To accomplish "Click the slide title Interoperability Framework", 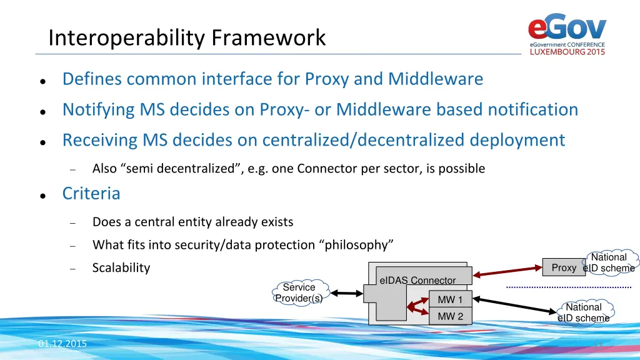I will (x=187, y=38).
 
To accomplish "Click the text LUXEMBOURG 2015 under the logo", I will (x=567, y=52).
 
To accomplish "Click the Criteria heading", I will (x=91, y=194).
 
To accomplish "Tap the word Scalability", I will (x=121, y=268).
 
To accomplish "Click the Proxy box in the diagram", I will (x=563, y=267).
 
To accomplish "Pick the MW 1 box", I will (x=450, y=300).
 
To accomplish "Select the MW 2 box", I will (x=450, y=316).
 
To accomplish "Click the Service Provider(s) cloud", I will (x=299, y=292).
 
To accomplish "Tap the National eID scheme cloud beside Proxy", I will (x=609, y=262).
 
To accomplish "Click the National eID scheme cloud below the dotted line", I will (x=584, y=312).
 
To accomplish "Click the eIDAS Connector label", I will (x=417, y=280).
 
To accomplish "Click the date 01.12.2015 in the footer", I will (x=62, y=344).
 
